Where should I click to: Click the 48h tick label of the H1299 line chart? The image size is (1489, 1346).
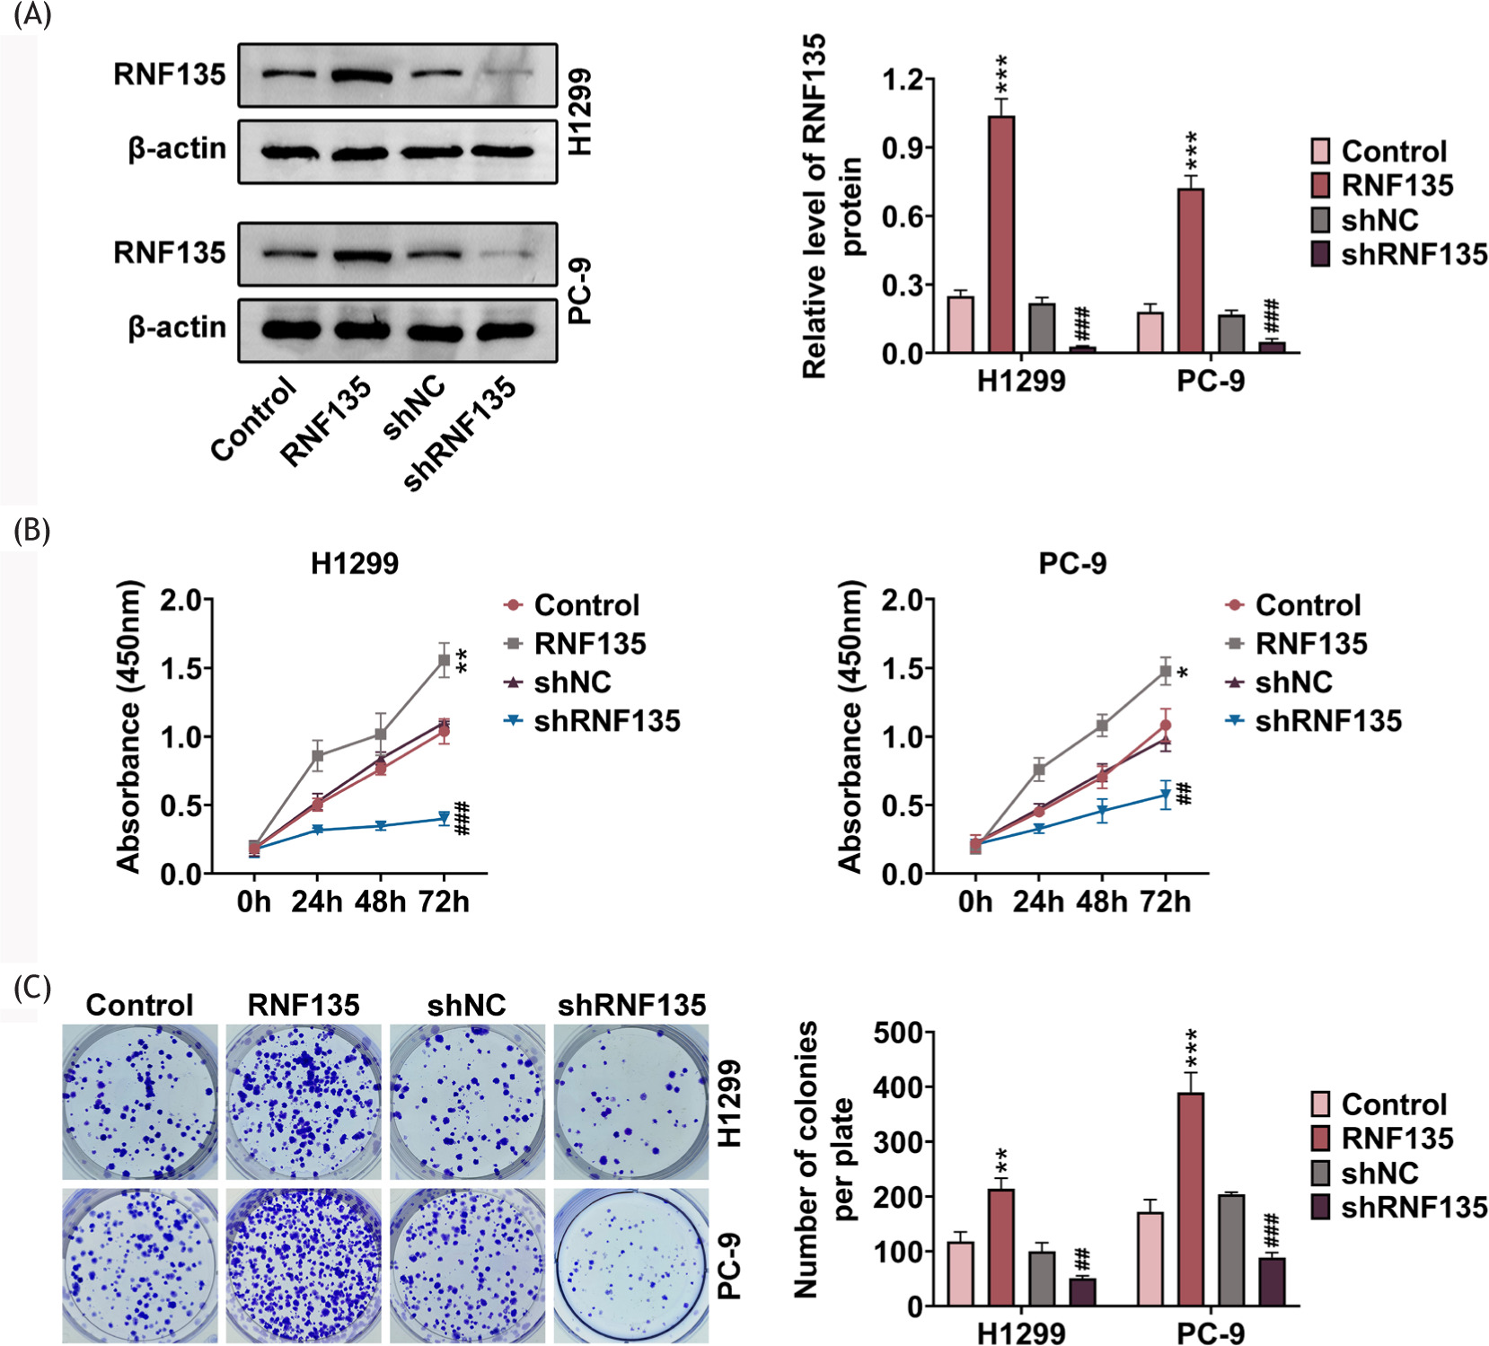point(380,902)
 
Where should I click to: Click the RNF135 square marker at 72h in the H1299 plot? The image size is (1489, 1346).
point(444,660)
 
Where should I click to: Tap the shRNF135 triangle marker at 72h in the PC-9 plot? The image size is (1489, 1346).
point(1166,795)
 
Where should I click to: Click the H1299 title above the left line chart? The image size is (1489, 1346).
point(355,563)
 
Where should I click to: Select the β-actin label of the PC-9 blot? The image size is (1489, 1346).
point(177,328)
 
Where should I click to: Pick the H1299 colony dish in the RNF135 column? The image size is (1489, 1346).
point(304,1101)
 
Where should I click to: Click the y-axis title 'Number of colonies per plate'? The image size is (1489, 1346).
point(821,1158)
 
